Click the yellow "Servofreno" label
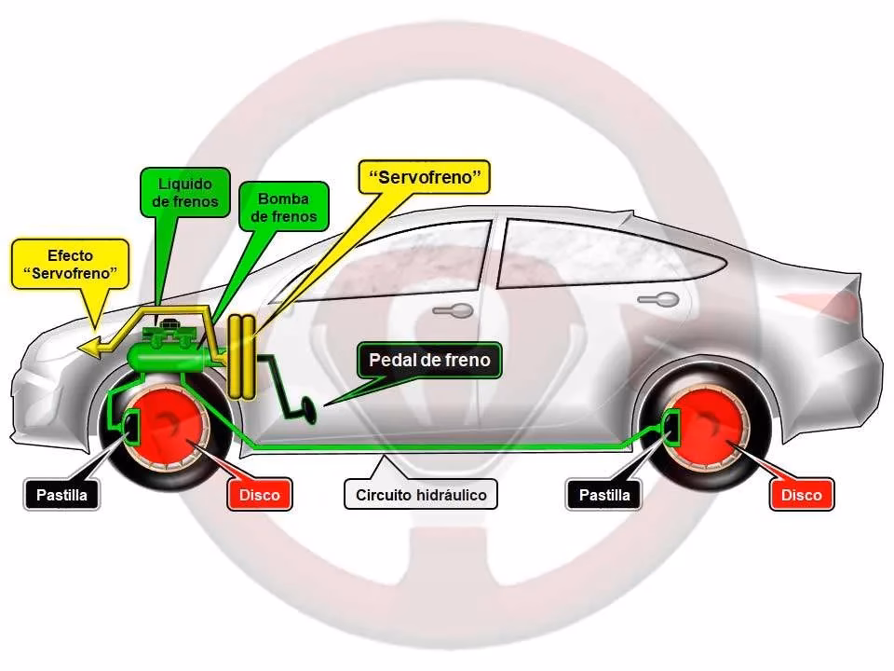click(x=424, y=177)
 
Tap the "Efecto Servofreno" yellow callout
click(x=70, y=264)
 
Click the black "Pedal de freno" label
click(x=429, y=360)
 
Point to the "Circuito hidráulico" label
click(x=421, y=495)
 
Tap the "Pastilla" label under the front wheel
click(x=61, y=495)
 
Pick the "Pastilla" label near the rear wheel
click(x=604, y=495)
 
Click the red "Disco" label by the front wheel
click(x=259, y=495)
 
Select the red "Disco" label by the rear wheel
click(x=802, y=495)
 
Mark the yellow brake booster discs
click(x=243, y=358)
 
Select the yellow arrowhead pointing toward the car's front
click(x=91, y=347)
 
